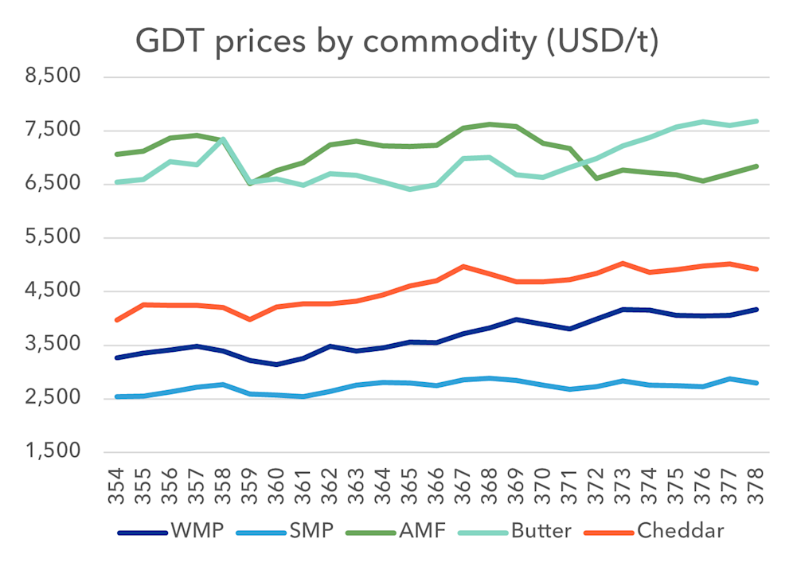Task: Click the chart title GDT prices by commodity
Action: tap(396, 41)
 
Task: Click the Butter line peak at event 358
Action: tap(224, 139)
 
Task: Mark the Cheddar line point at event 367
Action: tap(463, 266)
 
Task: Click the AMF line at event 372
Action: tap(596, 178)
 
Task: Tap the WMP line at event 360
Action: tap(276, 365)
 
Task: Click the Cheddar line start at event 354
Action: tap(117, 320)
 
